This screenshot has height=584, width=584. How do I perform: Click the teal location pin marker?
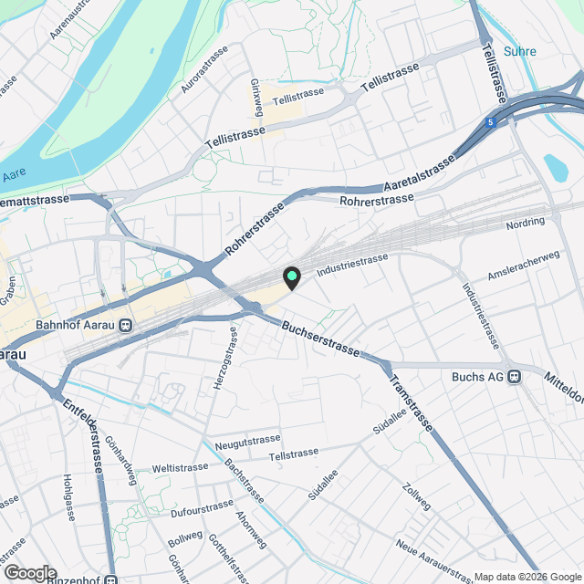[291, 276]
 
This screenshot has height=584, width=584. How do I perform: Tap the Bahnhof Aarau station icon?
[126, 325]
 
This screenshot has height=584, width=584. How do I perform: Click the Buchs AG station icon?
[515, 376]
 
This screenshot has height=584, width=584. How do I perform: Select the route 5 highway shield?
[491, 120]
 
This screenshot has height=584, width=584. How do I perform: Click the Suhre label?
[519, 52]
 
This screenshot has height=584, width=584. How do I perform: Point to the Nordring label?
[524, 222]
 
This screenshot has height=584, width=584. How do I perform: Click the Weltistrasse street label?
[180, 468]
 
